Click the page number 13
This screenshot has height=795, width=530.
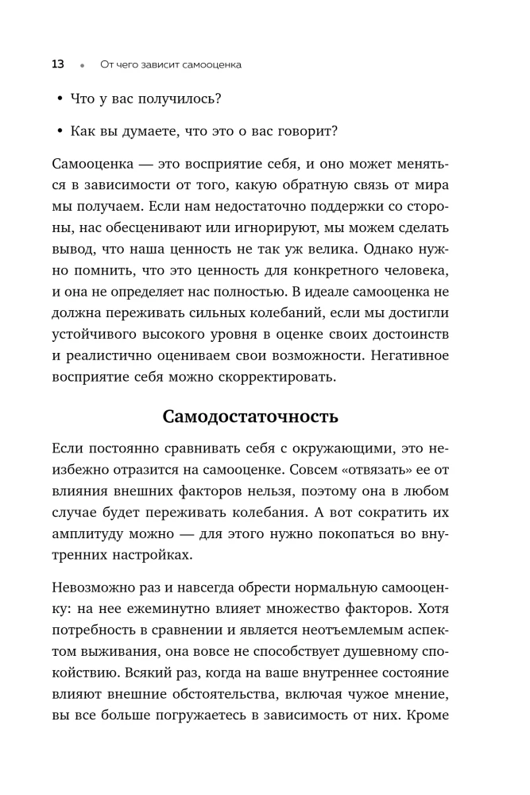click(x=57, y=64)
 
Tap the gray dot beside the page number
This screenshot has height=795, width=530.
click(x=82, y=64)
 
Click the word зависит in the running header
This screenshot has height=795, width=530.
click(x=157, y=64)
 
